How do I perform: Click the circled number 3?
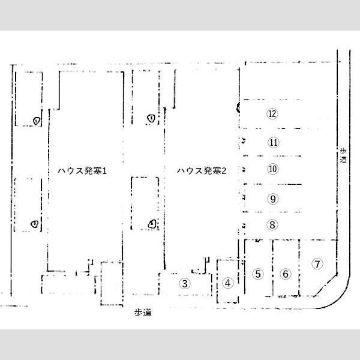(185, 284)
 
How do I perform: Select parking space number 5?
(258, 274)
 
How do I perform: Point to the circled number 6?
(286, 274)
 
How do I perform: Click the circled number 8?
(272, 225)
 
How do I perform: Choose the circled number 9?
(272, 199)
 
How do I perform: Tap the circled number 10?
(272, 169)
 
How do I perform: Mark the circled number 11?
(272, 143)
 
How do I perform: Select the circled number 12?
(272, 113)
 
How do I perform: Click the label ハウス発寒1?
(82, 171)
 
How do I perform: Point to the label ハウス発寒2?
(201, 171)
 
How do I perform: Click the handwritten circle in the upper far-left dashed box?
(37, 121)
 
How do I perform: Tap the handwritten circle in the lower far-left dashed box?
(36, 224)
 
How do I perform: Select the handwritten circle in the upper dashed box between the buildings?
(151, 118)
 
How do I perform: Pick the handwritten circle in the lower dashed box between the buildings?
(152, 224)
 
